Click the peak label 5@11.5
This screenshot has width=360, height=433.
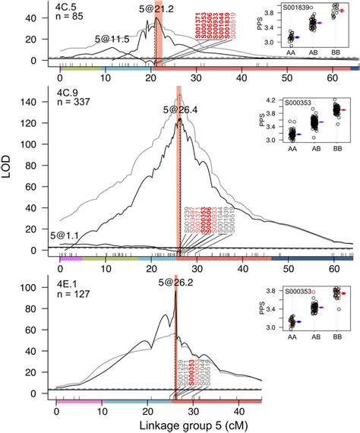[111, 38]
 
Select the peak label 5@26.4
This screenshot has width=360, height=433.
[179, 111]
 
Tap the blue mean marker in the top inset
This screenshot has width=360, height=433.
[296, 36]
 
